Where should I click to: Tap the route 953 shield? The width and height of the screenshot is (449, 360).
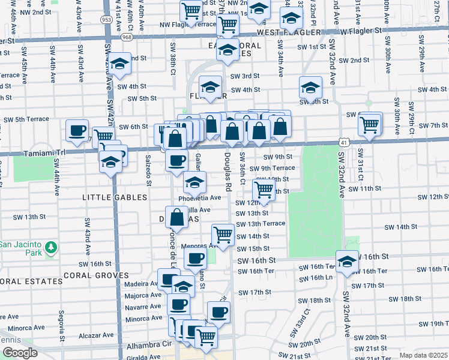pos(106,19)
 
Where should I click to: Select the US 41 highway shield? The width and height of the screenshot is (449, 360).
pos(342,142)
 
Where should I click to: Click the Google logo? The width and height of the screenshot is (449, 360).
pos(20,353)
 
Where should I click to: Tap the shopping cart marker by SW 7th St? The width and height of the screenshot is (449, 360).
pos(369,125)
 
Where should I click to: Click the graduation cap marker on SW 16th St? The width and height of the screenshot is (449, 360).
pos(346,262)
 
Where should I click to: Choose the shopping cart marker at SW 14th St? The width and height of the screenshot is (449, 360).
pos(223,234)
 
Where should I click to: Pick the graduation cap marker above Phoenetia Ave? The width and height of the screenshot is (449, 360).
pos(194,182)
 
